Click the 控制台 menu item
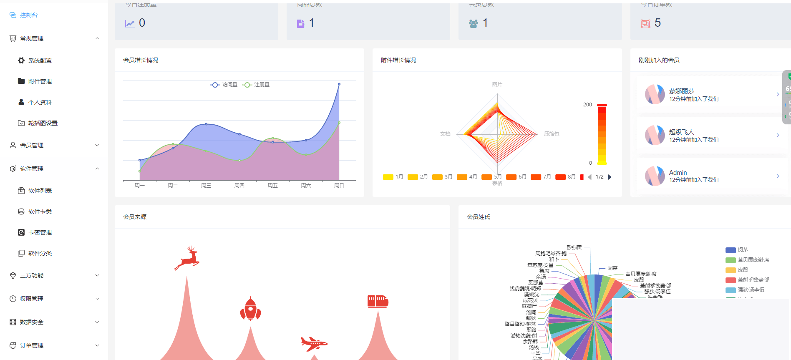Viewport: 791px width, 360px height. point(28,15)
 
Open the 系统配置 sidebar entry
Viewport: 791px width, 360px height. point(40,60)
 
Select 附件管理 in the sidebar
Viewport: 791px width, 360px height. point(40,81)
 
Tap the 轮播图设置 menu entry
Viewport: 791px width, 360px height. point(43,123)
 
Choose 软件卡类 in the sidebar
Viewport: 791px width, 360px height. point(40,211)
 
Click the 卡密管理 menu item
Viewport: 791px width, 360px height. point(40,232)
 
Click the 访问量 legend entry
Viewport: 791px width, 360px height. point(224,85)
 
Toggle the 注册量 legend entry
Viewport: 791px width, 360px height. point(256,85)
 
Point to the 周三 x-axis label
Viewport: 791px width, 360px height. point(206,186)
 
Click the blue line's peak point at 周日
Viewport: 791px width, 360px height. point(339,84)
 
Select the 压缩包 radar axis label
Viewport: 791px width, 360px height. point(552,134)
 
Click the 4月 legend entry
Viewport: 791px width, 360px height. point(467,177)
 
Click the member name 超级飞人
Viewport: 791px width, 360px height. point(681,132)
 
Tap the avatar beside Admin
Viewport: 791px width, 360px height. point(655,176)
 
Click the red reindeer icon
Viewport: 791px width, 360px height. point(187,258)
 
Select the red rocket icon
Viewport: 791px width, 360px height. point(250,309)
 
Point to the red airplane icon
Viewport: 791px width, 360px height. point(314,344)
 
